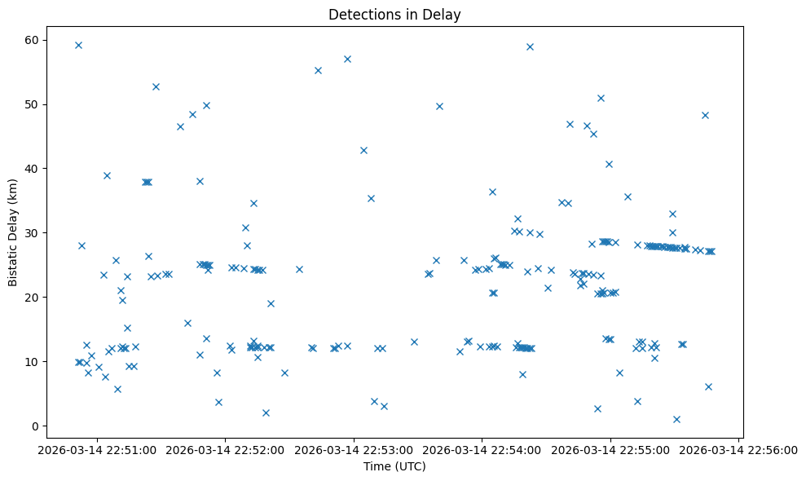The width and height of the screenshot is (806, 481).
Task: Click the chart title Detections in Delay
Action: coord(394,14)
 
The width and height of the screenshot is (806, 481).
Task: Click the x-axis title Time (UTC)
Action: coord(394,467)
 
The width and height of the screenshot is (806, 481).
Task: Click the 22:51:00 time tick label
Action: coord(97,448)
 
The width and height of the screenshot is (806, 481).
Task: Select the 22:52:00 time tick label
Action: coord(226,448)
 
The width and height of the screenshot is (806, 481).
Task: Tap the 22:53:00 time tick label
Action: coord(354,448)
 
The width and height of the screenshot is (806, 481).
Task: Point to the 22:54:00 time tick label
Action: coord(482,448)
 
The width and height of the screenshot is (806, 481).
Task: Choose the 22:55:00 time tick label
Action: coord(610,448)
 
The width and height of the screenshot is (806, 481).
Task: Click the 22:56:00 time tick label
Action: coord(738,448)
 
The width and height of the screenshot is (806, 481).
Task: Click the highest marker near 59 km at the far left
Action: coord(78,45)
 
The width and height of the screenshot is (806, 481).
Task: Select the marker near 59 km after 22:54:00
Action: coord(530,46)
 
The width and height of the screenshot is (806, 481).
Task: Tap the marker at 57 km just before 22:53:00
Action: coord(347,59)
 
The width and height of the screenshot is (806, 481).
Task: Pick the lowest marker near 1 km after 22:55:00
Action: coord(676,419)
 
